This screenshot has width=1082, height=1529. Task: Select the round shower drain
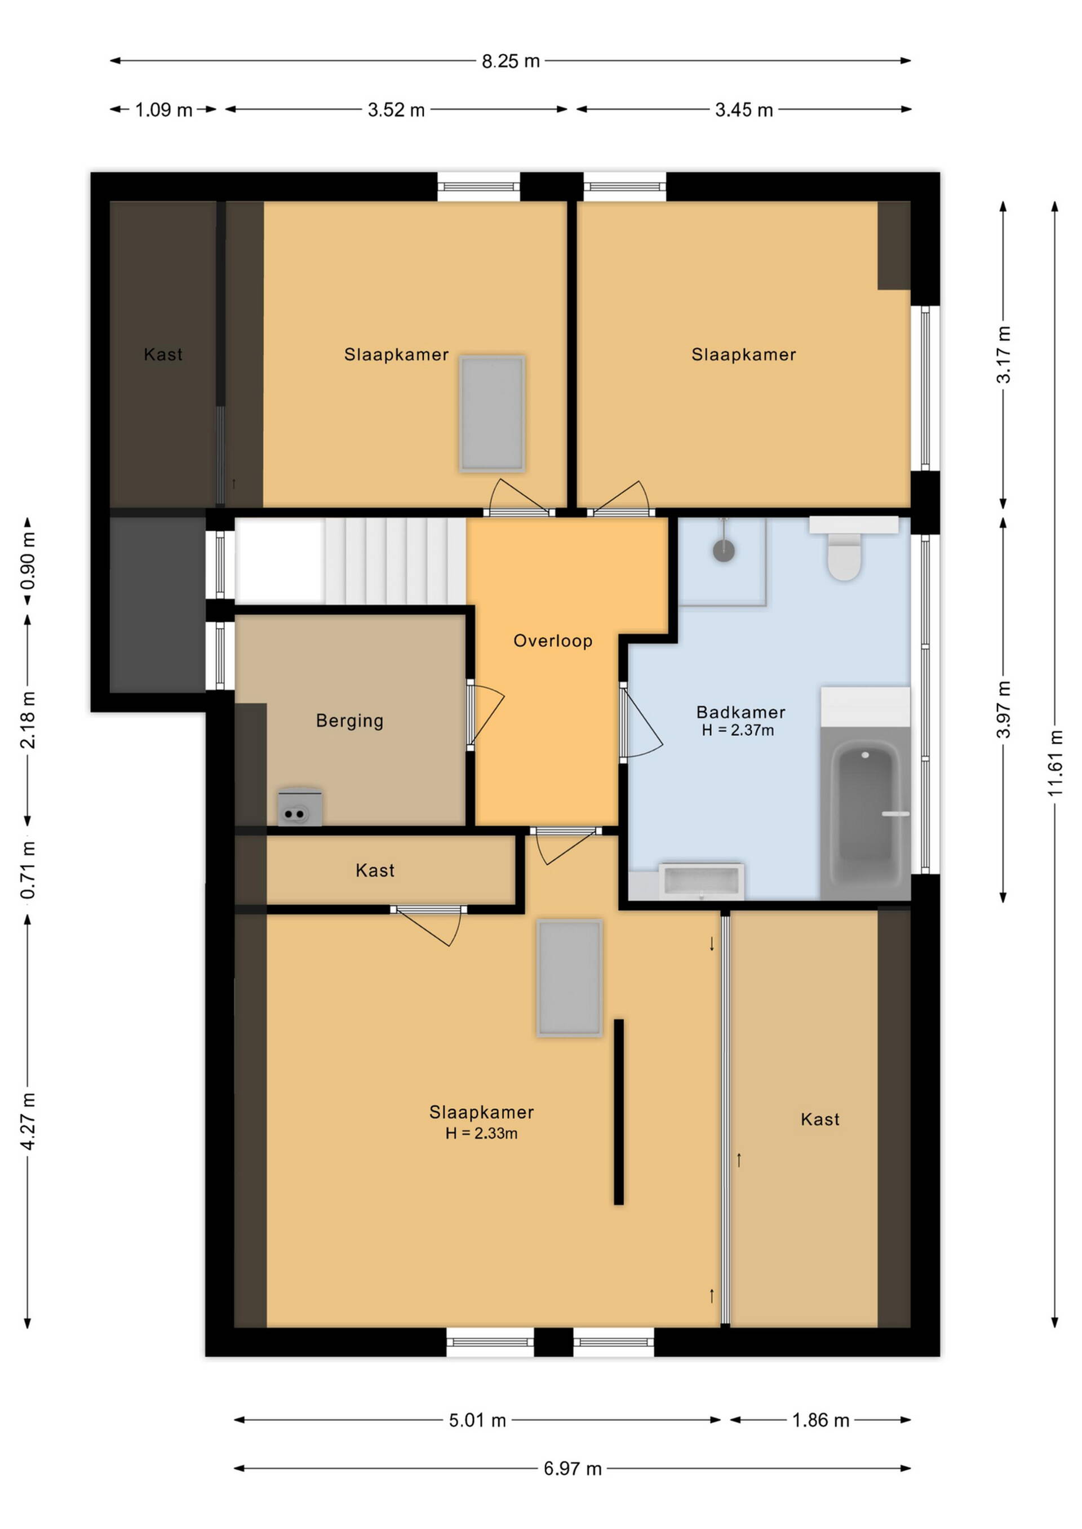pyautogui.click(x=724, y=551)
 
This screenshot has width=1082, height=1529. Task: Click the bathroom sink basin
pyautogui.click(x=701, y=882)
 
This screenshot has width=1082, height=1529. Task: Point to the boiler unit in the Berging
pyautogui.click(x=300, y=808)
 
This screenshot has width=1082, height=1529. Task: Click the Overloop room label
pyautogui.click(x=553, y=641)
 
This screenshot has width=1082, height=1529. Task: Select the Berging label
pyautogui.click(x=350, y=721)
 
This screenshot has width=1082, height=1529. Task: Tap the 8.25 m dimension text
pyautogui.click(x=511, y=61)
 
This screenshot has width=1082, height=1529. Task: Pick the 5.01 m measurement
pyautogui.click(x=478, y=1420)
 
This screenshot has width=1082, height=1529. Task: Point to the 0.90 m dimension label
pyautogui.click(x=28, y=561)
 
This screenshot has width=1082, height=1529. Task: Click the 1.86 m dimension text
pyautogui.click(x=821, y=1420)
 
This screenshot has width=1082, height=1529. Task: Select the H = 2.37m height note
pyautogui.click(x=738, y=731)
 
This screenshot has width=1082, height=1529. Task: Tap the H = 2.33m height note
pyautogui.click(x=482, y=1134)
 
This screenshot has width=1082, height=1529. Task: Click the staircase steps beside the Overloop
pyautogui.click(x=395, y=561)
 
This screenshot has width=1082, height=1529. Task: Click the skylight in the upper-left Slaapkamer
pyautogui.click(x=493, y=414)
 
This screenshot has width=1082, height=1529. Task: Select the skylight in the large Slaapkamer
pyautogui.click(x=570, y=978)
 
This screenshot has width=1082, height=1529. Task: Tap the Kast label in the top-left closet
pyautogui.click(x=163, y=354)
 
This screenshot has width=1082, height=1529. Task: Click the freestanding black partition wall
pyautogui.click(x=618, y=1113)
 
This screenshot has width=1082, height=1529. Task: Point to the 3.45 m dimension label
pyautogui.click(x=744, y=110)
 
